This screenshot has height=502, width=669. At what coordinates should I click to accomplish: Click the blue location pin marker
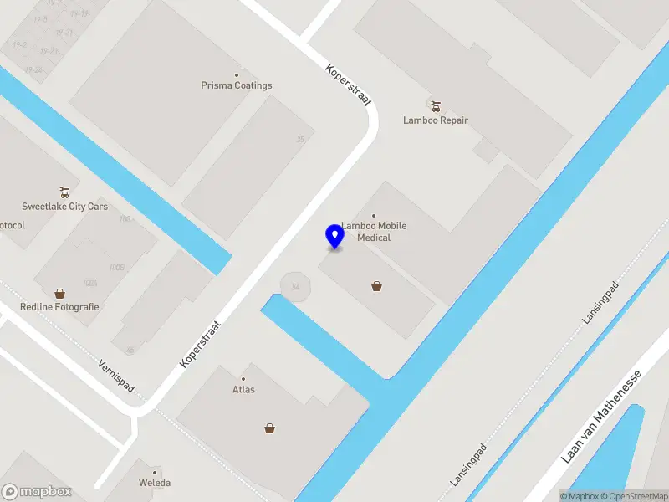334,237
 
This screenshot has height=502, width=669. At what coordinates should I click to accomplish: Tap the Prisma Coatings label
237,85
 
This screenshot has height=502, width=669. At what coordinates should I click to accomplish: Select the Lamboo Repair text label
436,120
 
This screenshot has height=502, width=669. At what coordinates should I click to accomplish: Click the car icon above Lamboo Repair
435,105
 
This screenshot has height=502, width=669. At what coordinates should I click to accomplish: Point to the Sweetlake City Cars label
64,207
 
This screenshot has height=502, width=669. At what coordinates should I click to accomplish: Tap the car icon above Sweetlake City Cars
64,192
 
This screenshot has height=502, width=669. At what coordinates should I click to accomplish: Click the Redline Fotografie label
59,307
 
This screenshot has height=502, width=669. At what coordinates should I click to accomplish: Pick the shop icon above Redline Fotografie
59,294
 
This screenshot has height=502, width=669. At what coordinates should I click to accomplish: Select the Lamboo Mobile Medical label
374,232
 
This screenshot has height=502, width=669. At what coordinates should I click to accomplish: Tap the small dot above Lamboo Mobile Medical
374,216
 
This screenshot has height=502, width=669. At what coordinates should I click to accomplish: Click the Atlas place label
243,390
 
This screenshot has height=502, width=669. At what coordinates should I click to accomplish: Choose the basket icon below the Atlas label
270,428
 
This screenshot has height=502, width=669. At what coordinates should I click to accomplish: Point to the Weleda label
155,483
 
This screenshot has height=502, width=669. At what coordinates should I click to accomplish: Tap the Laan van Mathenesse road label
601,417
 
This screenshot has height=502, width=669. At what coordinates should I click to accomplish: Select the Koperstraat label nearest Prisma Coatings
348,86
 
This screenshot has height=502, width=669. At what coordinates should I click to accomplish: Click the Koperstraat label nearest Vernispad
200,343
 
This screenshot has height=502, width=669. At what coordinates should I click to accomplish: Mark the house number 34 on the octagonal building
295,287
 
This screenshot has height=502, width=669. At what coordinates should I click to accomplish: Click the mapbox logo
36,492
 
